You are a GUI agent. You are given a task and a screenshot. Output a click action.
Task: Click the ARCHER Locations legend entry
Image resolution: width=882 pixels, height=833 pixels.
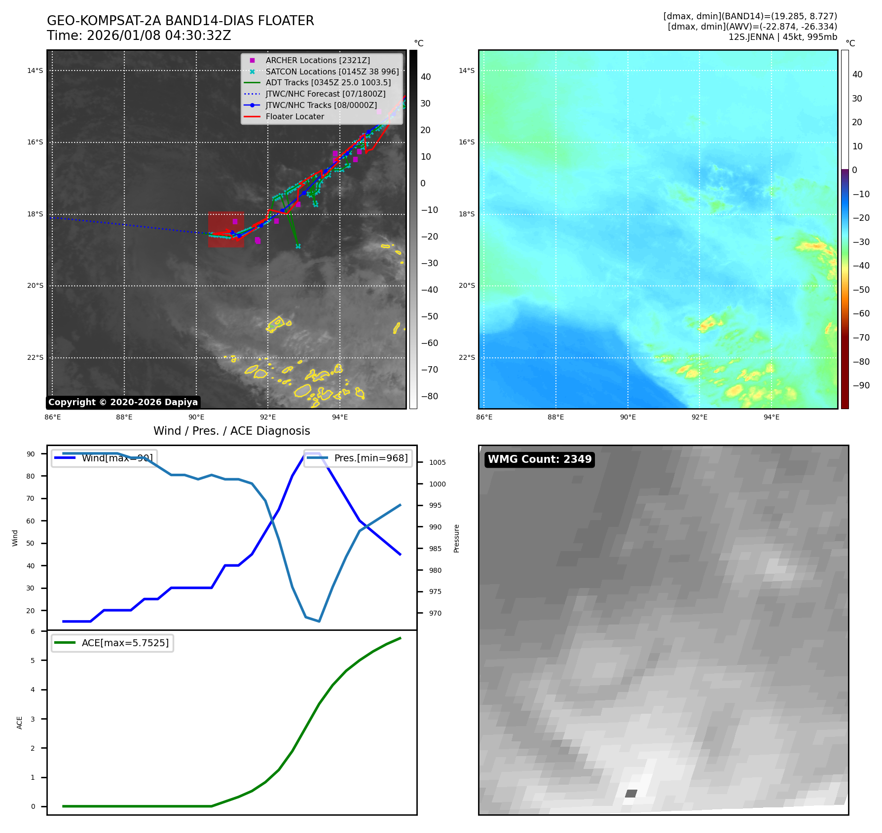click(x=317, y=60)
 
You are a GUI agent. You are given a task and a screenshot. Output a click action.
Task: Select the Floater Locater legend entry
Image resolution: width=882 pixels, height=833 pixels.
click(x=294, y=117)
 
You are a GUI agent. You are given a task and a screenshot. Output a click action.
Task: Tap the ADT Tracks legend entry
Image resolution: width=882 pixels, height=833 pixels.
click(x=328, y=83)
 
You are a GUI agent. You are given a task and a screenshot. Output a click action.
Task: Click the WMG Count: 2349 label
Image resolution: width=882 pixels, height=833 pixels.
click(x=539, y=459)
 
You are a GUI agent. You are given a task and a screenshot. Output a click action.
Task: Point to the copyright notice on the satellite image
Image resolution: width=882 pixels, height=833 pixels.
click(x=123, y=402)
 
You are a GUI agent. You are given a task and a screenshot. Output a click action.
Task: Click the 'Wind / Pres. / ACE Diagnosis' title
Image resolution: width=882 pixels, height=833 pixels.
click(x=231, y=431)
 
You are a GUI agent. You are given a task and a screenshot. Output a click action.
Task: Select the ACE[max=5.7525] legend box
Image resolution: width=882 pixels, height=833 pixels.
click(x=112, y=643)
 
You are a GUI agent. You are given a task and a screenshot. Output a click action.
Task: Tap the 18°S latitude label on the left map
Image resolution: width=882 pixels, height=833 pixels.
click(x=35, y=214)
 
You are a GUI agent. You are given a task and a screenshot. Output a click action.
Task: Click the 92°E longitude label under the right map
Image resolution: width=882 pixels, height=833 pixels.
click(x=699, y=417)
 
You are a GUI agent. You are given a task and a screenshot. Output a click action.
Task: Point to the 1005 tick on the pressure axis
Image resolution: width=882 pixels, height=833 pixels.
click(x=437, y=462)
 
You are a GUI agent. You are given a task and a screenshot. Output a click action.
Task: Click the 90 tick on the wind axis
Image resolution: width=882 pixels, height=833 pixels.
click(x=31, y=454)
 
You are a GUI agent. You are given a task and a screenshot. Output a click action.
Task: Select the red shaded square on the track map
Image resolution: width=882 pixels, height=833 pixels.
click(x=226, y=229)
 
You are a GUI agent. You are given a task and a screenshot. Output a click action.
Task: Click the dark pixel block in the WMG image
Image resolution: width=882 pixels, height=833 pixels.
click(x=631, y=794)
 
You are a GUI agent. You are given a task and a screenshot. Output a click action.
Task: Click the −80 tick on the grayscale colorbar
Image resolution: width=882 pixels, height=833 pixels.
click(x=429, y=396)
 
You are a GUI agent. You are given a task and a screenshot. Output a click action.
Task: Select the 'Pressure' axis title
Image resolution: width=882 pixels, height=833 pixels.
click(x=457, y=538)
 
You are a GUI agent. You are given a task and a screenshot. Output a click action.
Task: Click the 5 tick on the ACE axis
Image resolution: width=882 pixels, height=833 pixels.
click(x=33, y=660)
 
